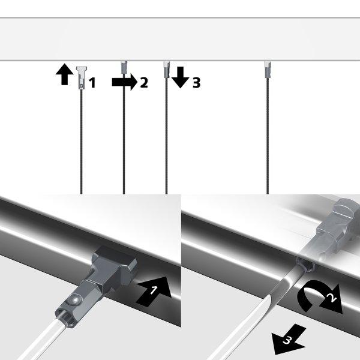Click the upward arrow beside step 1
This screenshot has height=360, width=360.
pyautogui.click(x=62, y=76)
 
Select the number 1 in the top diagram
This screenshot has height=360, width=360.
pyautogui.click(x=92, y=83)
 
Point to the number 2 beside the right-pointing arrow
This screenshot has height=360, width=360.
pyautogui.click(x=143, y=83)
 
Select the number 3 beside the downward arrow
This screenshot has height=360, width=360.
pyautogui.click(x=196, y=83)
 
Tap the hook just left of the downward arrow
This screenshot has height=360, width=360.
pyautogui.click(x=166, y=70)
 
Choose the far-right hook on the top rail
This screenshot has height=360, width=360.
pyautogui.click(x=266, y=71)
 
